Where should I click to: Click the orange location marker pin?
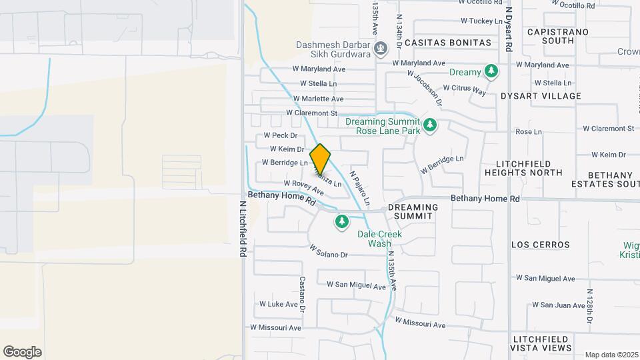point(321,158)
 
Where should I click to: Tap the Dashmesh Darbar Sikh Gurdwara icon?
point(381,48)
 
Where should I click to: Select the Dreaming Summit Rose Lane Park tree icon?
point(430,125)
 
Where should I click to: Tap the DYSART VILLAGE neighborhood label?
point(541,96)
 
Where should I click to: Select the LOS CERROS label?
point(541,245)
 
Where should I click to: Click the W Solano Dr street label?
point(329,251)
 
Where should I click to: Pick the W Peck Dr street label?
point(285,135)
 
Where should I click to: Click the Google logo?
point(22,352)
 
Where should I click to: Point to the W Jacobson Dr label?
point(425,89)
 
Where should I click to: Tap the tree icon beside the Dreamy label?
point(491,71)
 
